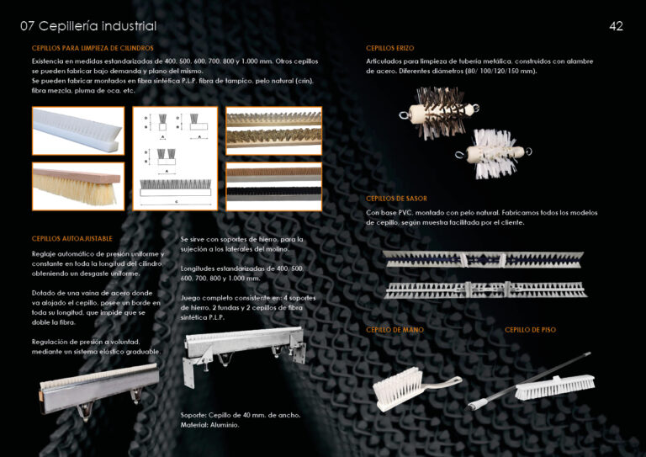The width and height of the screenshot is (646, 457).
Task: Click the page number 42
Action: [x=616, y=26]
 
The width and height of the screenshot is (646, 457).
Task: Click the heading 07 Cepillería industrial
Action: [x=87, y=26]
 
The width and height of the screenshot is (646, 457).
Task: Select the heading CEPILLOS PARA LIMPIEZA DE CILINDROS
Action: [x=93, y=49]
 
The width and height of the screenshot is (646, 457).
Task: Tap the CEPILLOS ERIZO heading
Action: [x=389, y=49]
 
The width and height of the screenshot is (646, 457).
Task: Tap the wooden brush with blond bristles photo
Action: [x=78, y=186]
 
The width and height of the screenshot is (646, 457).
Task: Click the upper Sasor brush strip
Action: [x=482, y=258]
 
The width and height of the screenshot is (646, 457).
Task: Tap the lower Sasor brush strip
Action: [x=482, y=290]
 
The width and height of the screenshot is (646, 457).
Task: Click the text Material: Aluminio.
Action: [x=210, y=425]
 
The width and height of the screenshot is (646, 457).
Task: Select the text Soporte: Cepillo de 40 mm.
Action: [x=241, y=415]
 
